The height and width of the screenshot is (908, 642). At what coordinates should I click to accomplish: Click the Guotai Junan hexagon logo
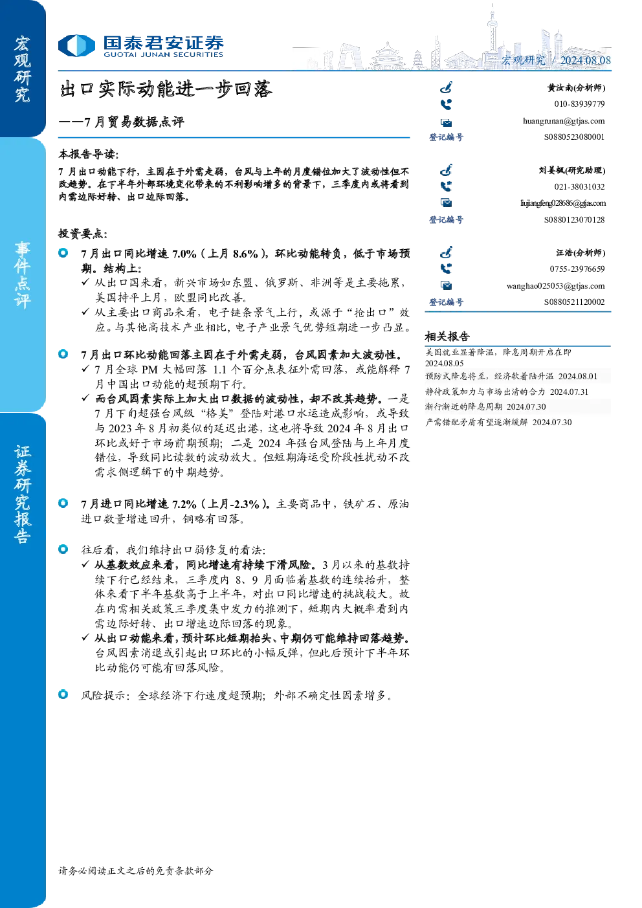(x=76, y=45)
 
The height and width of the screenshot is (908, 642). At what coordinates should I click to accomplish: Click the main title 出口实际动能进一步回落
(x=166, y=89)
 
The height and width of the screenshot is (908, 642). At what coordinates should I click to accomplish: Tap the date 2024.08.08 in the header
(x=585, y=60)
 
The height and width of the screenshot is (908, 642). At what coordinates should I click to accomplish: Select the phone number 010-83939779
(x=580, y=104)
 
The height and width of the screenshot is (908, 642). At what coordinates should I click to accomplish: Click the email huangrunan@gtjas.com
(x=564, y=121)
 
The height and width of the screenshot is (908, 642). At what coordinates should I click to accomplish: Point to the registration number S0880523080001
(x=574, y=137)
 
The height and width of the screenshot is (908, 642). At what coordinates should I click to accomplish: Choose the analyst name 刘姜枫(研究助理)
(x=572, y=170)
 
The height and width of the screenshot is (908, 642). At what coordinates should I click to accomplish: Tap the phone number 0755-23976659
(x=577, y=269)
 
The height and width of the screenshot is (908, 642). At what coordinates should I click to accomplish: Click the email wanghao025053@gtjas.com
(x=556, y=286)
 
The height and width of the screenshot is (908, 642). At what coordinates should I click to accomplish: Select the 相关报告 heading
(x=447, y=337)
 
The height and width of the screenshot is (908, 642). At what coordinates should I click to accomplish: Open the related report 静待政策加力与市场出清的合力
(x=485, y=392)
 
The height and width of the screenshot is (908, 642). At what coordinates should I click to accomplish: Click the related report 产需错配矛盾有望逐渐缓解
(x=476, y=422)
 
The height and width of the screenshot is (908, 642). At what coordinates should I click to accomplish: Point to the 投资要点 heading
(x=83, y=234)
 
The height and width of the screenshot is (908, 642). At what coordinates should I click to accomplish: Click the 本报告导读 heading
(x=89, y=154)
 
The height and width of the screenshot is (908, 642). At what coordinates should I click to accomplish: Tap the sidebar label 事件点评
(x=22, y=275)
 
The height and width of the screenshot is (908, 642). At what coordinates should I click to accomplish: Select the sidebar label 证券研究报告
(x=22, y=494)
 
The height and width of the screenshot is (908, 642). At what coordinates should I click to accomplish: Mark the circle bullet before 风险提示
(x=63, y=694)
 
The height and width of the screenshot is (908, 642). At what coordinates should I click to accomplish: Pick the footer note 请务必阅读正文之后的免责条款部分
(x=136, y=870)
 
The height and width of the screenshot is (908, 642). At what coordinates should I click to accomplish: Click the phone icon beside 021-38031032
(x=446, y=186)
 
